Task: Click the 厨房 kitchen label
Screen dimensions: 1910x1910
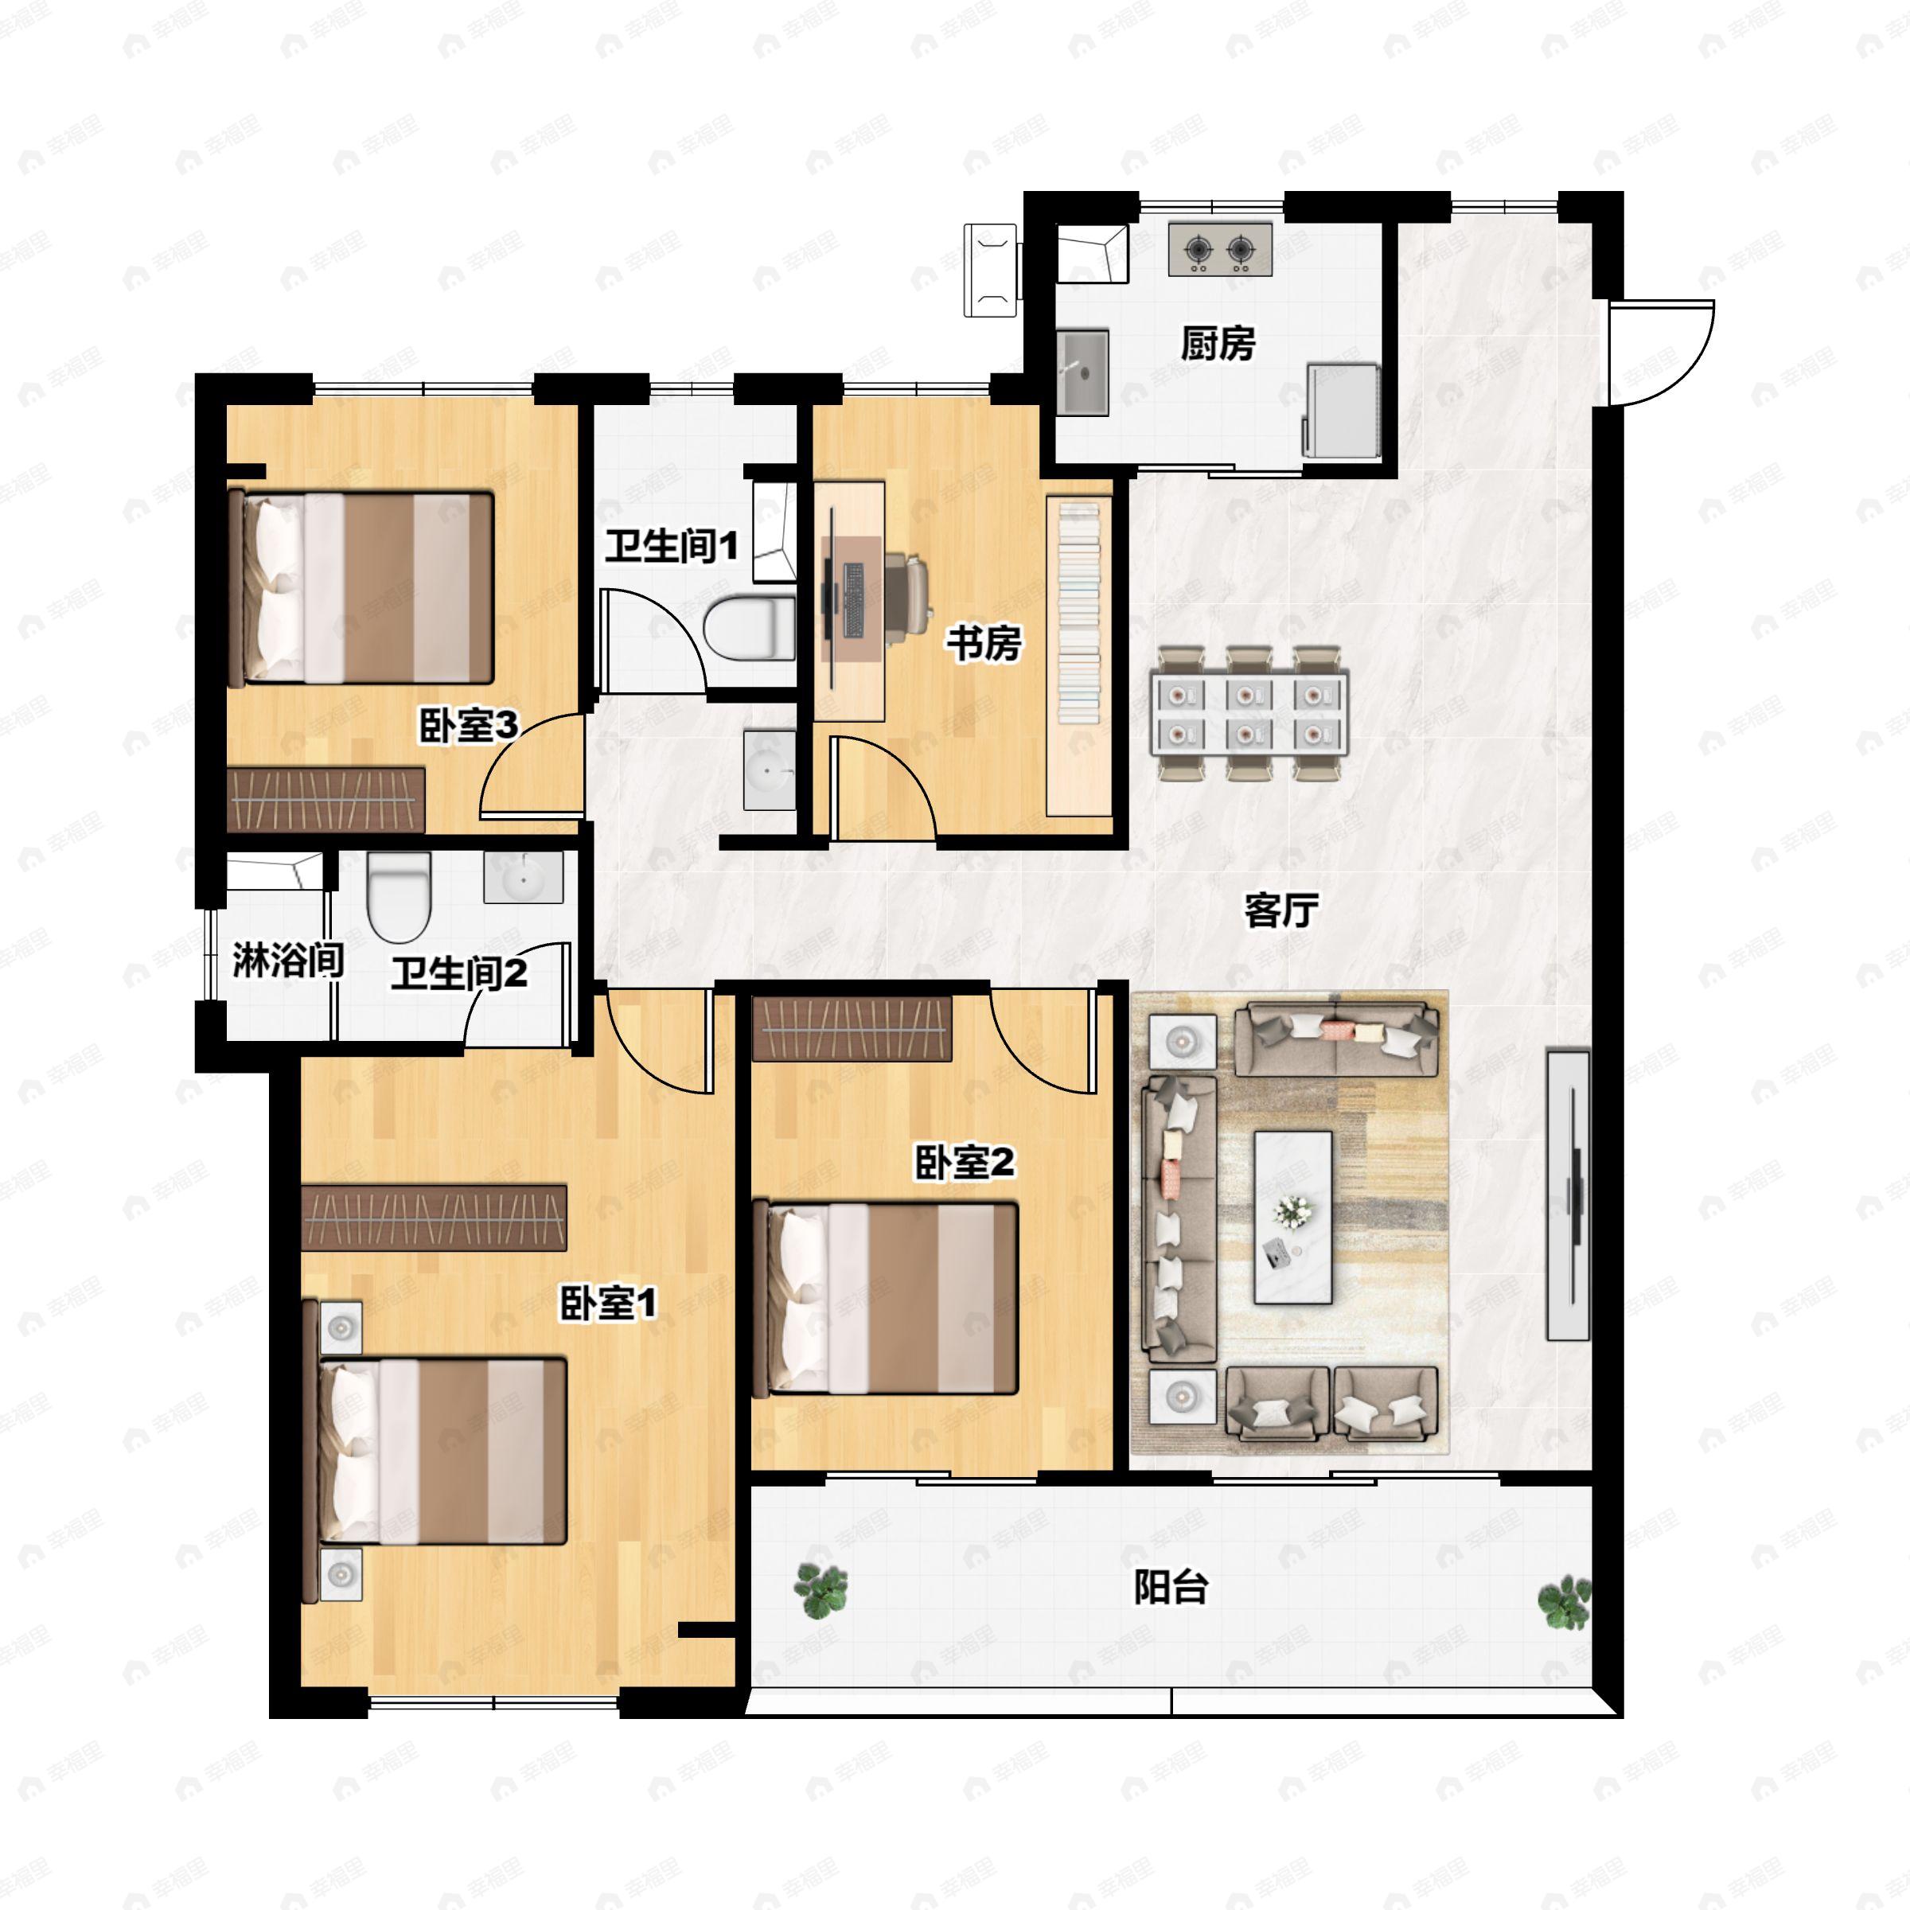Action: (1218, 343)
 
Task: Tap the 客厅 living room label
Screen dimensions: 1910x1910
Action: (1281, 910)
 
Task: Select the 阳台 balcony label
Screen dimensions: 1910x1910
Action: (1171, 1588)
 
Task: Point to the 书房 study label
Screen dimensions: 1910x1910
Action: (984, 644)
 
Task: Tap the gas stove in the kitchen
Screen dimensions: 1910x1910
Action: (1220, 249)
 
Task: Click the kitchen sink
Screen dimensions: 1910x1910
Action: (1082, 372)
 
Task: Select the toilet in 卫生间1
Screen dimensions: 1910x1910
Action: (750, 628)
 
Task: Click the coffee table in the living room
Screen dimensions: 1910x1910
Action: (1293, 1217)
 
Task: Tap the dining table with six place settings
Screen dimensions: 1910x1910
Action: (1248, 711)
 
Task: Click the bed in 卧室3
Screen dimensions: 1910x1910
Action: (361, 588)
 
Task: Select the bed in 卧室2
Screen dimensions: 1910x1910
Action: (885, 1298)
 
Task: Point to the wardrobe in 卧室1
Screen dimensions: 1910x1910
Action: (434, 1218)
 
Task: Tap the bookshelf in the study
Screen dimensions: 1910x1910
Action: (1078, 656)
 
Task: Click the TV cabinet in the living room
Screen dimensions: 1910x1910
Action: (1568, 1195)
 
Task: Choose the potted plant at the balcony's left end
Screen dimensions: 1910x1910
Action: (821, 1591)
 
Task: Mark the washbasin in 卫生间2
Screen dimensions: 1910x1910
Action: (523, 877)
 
